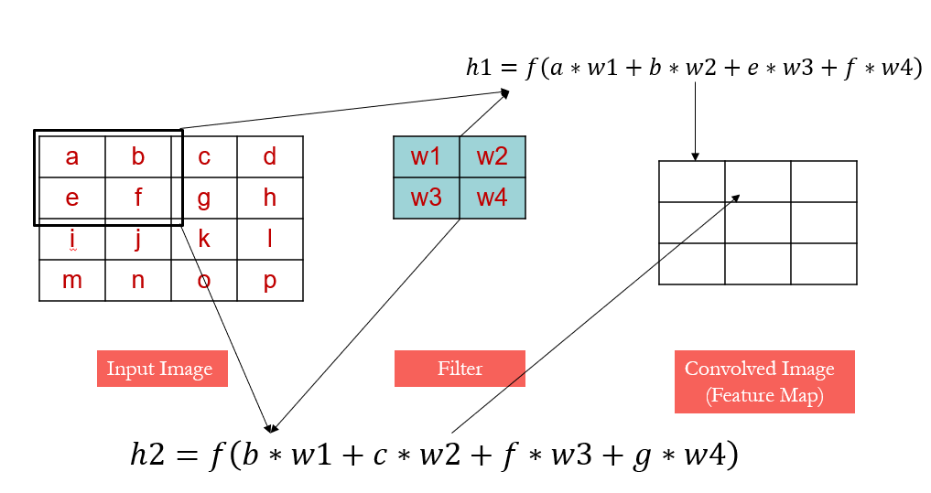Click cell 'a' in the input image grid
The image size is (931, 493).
point(72,156)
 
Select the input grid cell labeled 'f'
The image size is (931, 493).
point(138,198)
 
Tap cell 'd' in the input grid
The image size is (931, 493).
point(270,156)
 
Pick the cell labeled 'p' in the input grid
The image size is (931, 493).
point(270,280)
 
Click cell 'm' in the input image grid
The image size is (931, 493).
point(72,280)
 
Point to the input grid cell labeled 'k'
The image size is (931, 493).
point(204,239)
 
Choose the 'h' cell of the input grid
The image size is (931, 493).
point(270,198)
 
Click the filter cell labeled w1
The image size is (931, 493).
point(427,156)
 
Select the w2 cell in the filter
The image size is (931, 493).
point(493,156)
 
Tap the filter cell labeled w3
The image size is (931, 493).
point(427,198)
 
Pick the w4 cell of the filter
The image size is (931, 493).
point(493,198)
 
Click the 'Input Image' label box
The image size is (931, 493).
point(162,369)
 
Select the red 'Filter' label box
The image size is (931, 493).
point(460,369)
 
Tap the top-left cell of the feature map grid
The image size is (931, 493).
point(692,181)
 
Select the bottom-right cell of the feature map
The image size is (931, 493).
point(824,263)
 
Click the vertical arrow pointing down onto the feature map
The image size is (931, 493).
point(696,119)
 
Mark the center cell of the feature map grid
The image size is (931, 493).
point(758,222)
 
